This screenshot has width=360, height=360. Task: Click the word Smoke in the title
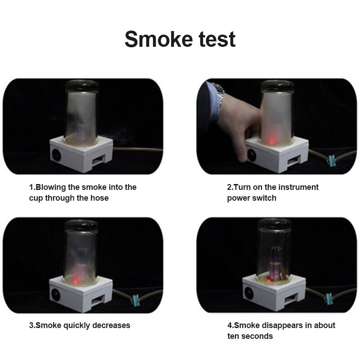click(159, 39)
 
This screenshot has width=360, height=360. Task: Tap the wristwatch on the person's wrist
click(219, 94)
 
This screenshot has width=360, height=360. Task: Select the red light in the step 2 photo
click(271, 142)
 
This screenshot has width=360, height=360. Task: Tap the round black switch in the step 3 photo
click(55, 295)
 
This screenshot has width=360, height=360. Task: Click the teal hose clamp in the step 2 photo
click(331, 161)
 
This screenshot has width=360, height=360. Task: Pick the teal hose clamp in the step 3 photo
click(136, 301)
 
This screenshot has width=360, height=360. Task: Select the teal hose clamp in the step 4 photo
click(328, 299)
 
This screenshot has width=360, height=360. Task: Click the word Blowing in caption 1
click(51, 188)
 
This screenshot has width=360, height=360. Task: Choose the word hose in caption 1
click(99, 198)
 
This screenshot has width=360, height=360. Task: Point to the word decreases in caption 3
click(111, 325)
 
